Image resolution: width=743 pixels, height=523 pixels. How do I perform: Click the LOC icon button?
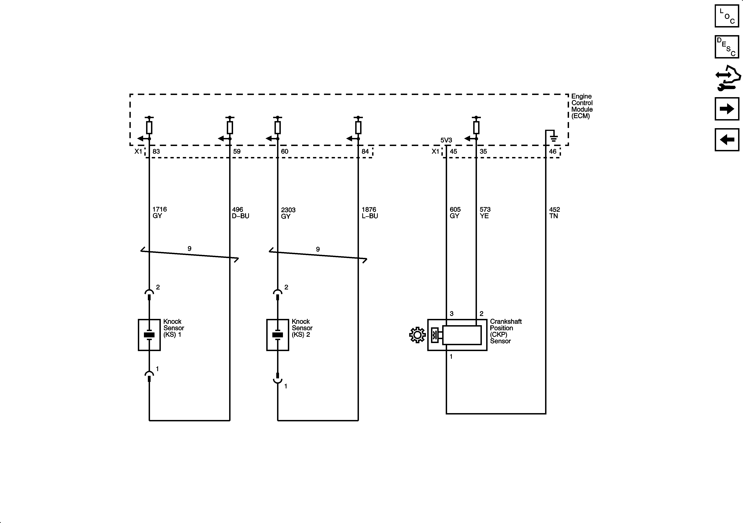coord(727,16)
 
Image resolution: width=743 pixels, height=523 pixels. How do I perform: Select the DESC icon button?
coord(727,47)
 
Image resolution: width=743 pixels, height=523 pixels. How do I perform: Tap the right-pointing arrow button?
coord(727,109)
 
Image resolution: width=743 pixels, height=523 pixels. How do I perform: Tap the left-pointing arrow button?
coord(727,140)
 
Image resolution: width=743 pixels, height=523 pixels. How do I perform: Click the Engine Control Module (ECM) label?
coord(582,106)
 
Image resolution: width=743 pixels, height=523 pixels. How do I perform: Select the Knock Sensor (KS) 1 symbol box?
coord(149,335)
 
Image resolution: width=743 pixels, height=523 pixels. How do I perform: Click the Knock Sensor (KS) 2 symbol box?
coord(278,335)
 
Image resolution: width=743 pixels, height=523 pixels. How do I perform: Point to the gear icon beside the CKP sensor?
coord(417,335)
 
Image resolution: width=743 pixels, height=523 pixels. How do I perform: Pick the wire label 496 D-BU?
coord(240,213)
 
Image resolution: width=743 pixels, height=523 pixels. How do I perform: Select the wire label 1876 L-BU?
coord(370,213)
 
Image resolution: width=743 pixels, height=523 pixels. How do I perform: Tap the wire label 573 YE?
coord(485,213)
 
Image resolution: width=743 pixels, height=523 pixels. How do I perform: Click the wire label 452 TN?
coord(554,213)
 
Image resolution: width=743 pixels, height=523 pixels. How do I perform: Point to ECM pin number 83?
coord(156,151)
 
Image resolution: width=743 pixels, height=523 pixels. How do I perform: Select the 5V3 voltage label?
coord(446,140)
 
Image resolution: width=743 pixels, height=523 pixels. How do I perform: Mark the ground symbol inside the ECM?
coord(554,138)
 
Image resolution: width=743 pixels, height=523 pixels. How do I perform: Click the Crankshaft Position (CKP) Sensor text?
coord(505,331)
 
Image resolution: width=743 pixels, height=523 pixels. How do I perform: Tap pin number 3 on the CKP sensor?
coord(451,313)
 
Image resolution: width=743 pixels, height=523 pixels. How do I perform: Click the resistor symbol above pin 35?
coord(476,127)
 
